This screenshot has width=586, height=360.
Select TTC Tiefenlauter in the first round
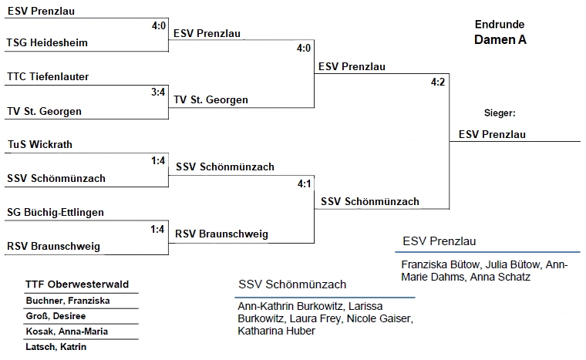(48, 77)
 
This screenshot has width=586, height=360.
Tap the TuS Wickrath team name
(40, 145)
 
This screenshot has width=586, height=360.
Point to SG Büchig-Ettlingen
(55, 212)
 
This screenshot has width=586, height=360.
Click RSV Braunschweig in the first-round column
(53, 247)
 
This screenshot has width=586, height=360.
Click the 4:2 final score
(439, 82)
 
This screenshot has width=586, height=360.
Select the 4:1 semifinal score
(304, 183)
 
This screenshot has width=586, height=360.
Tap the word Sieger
(500, 113)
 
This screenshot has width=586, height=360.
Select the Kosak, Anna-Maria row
(66, 331)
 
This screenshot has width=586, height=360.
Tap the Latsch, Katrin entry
(56, 347)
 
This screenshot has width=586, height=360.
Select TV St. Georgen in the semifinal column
(210, 100)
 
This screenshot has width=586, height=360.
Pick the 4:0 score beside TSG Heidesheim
(159, 25)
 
